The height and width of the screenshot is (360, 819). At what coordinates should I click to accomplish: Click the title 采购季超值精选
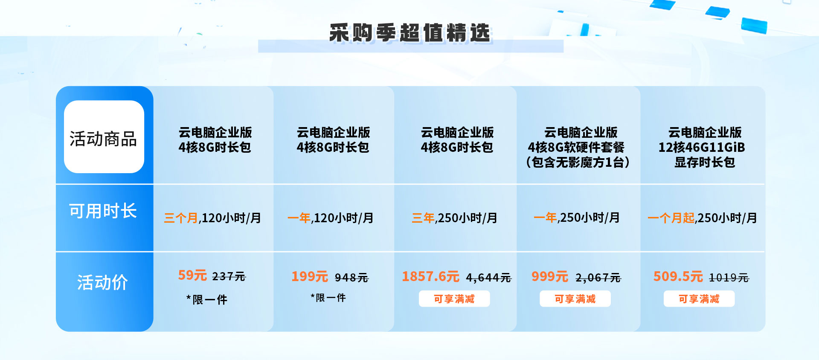410,33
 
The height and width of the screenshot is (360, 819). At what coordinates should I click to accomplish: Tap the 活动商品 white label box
104,137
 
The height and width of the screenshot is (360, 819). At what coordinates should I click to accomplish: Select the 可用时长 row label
103,211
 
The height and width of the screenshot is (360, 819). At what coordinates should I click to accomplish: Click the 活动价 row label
102,282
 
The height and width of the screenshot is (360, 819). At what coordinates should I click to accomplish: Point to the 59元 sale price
192,275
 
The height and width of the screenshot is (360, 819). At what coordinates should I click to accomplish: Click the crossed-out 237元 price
229,277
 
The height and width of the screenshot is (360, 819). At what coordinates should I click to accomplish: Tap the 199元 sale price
310,276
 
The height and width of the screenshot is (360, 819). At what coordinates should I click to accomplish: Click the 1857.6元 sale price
430,276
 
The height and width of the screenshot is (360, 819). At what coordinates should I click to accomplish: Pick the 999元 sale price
550,276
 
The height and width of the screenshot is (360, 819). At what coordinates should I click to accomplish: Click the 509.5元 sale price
678,276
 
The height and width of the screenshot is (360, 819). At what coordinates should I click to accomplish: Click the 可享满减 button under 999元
575,299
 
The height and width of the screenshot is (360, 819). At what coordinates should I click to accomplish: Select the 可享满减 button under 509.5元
699,299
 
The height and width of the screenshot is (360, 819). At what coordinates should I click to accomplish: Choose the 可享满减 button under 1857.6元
454,299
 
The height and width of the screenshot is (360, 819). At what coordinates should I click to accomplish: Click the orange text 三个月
181,218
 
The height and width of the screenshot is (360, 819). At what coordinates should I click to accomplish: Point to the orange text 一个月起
671,218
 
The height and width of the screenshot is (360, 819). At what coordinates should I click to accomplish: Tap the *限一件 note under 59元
207,299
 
